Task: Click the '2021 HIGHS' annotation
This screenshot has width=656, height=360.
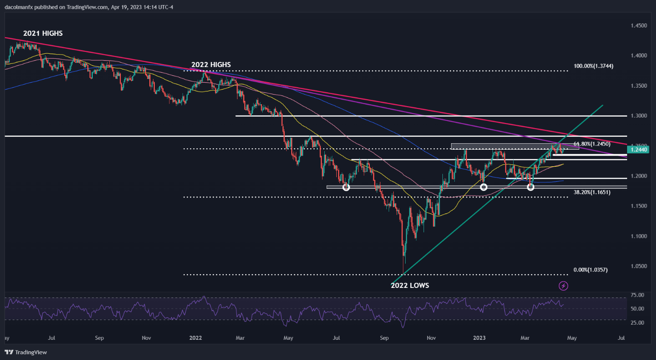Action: [x=43, y=33]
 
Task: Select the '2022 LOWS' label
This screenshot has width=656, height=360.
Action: [x=410, y=285]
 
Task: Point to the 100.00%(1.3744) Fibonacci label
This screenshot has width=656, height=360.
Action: [x=593, y=66]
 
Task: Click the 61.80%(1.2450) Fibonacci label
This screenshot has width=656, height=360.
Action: [x=592, y=144]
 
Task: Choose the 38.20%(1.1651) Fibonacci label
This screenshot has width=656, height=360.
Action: [x=592, y=192]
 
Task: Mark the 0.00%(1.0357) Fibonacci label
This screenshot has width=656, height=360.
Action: [x=591, y=270]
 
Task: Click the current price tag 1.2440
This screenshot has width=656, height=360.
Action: [x=639, y=149]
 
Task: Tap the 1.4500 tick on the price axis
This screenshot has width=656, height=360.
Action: [x=639, y=26]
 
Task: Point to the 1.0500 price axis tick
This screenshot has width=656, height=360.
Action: [x=639, y=266]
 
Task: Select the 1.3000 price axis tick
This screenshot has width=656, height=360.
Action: [x=639, y=116]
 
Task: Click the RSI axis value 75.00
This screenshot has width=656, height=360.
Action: [x=637, y=295]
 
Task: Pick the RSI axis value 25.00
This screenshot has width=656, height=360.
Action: [x=637, y=323]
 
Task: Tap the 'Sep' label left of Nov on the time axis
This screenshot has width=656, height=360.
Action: [x=99, y=338]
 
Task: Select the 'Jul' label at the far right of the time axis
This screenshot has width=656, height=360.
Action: [x=622, y=338]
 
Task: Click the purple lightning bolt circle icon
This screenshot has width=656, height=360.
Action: [x=563, y=286]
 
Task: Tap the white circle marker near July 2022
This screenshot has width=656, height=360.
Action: [x=346, y=187]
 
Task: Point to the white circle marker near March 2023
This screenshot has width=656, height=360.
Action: [x=531, y=187]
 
